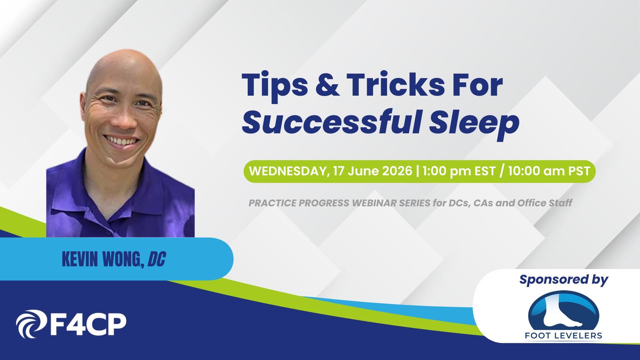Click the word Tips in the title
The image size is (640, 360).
275,86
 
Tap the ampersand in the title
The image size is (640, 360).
327,85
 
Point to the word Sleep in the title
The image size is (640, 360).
474,124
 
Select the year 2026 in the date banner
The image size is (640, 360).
397,171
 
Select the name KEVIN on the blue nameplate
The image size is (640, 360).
80,259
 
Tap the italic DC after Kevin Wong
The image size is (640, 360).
156,259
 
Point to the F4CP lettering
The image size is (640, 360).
88,324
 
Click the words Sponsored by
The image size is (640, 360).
564,280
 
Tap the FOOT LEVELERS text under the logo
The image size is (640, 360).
564,336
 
